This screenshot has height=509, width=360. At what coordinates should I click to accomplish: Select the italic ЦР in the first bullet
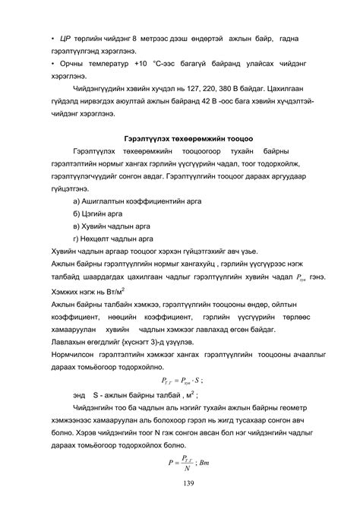pos(65,37)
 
